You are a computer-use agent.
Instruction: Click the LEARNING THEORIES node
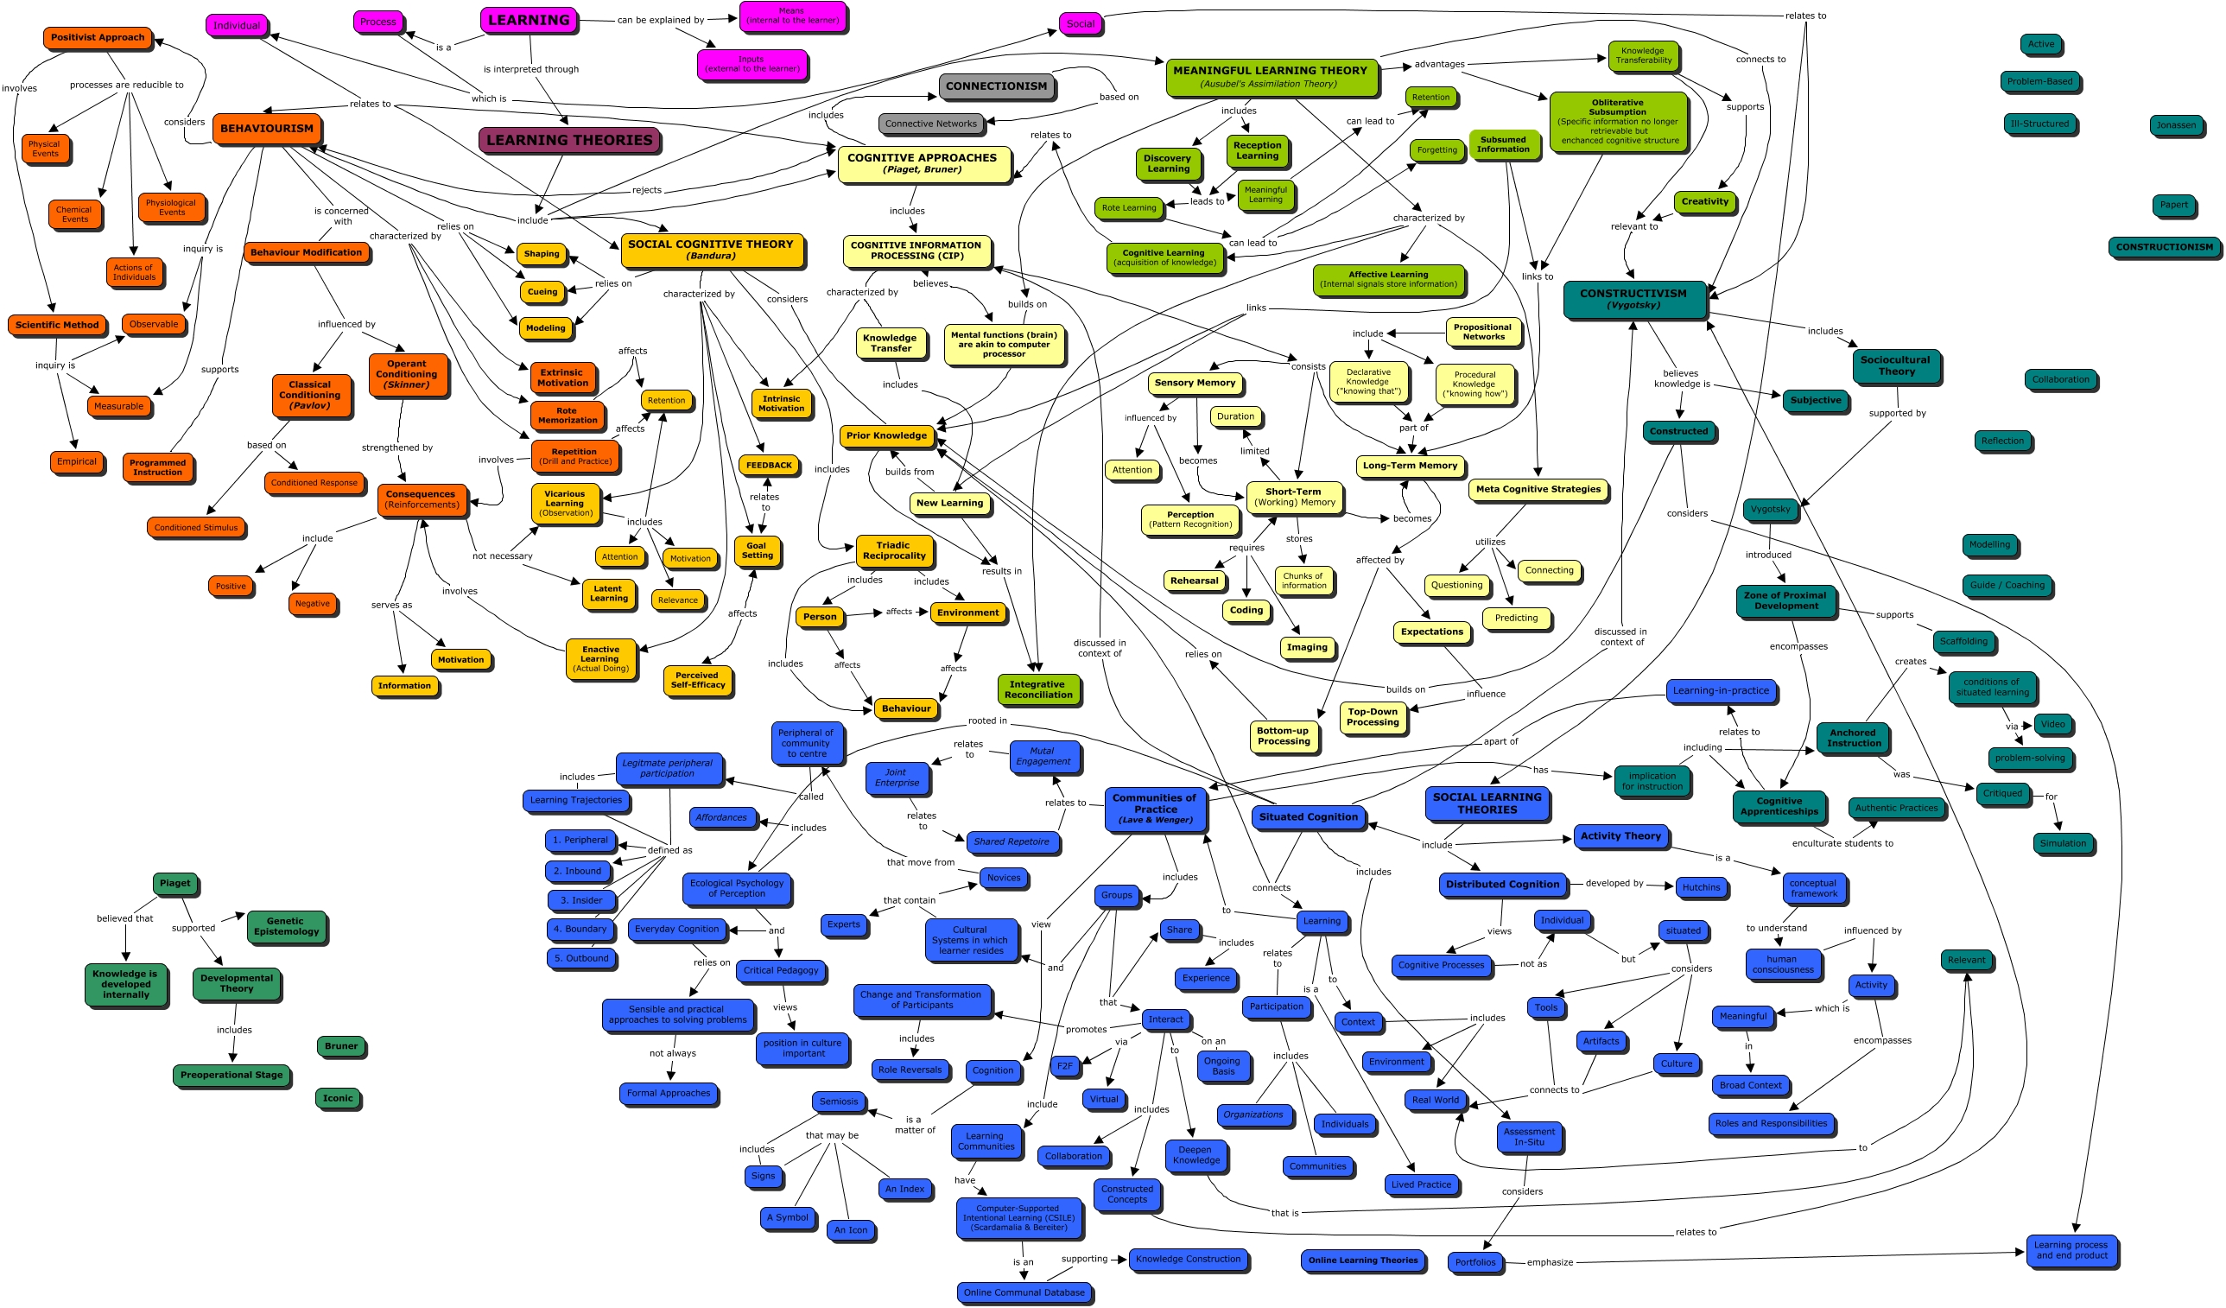tap(569, 140)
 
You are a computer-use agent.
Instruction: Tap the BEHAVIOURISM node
tap(266, 128)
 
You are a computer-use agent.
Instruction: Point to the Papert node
tap(2173, 205)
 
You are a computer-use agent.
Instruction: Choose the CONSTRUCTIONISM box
tap(2163, 247)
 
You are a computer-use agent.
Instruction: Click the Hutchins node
tap(1701, 886)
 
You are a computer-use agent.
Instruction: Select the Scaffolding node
tap(1963, 641)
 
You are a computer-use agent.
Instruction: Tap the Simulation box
tap(2062, 842)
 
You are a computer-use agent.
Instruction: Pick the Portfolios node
tap(1474, 1262)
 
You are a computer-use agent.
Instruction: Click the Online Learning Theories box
tap(1362, 1260)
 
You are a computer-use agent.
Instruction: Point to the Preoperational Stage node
tap(231, 1075)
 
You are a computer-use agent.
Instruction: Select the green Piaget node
tap(174, 882)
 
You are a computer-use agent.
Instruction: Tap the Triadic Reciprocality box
tap(894, 550)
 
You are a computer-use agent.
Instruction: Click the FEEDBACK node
tap(769, 465)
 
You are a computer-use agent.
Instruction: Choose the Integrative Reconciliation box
tap(1037, 689)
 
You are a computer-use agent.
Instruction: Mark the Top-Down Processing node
tap(1372, 716)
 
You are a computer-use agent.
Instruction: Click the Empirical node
tap(77, 461)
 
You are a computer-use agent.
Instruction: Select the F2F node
tap(1064, 1066)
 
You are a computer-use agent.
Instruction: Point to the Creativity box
tap(1704, 201)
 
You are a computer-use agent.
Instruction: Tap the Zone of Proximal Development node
tap(1785, 600)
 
